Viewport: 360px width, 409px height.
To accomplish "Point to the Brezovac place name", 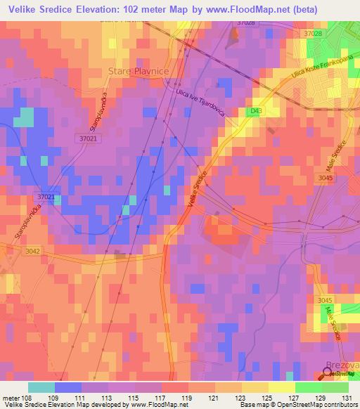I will click(x=342, y=365).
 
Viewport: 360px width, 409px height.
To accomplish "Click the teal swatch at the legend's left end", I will click(x=41, y=387).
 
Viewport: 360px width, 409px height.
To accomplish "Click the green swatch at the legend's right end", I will click(x=335, y=387).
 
